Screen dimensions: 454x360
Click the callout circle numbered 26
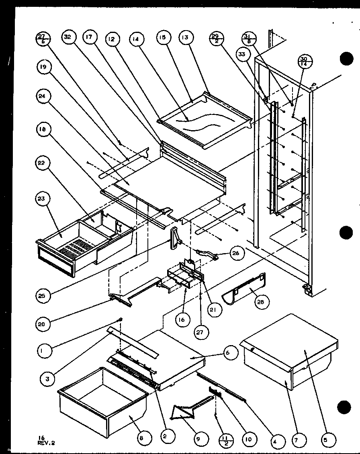[235, 253]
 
